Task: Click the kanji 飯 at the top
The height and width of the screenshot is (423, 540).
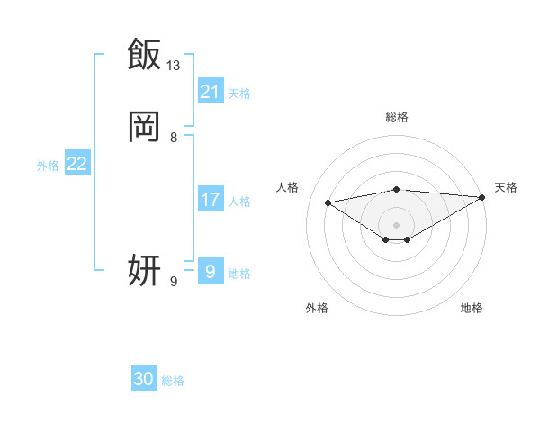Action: [x=145, y=54]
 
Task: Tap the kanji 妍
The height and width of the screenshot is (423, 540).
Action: [x=145, y=270]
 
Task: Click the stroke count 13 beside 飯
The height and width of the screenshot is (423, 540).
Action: [x=174, y=65]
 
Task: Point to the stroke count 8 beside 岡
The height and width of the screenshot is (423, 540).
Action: [x=174, y=138]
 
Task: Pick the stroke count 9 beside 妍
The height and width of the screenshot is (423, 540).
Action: [x=174, y=282]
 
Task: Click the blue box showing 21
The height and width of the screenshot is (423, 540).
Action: [x=211, y=91]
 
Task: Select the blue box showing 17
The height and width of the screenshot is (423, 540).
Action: [x=211, y=200]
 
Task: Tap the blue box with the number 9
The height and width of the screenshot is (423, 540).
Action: [x=211, y=271]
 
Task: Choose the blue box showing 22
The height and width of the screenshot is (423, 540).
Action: [x=77, y=164]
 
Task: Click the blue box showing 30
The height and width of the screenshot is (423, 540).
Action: [x=144, y=379]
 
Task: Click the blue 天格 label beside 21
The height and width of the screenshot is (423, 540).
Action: [x=239, y=93]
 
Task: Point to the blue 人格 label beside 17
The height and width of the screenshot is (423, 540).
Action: [x=239, y=202]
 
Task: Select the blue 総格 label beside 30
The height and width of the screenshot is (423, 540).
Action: [x=173, y=381]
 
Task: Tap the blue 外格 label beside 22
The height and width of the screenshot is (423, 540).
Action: [x=48, y=166]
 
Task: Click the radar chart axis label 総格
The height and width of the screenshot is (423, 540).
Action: [x=396, y=117]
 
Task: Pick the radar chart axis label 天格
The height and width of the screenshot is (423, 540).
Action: [x=506, y=187]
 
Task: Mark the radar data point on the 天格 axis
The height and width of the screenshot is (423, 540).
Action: [x=482, y=197]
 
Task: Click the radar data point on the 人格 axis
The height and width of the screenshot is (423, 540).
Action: [x=328, y=202]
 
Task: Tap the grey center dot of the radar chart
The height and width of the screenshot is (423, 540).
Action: [x=396, y=224]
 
